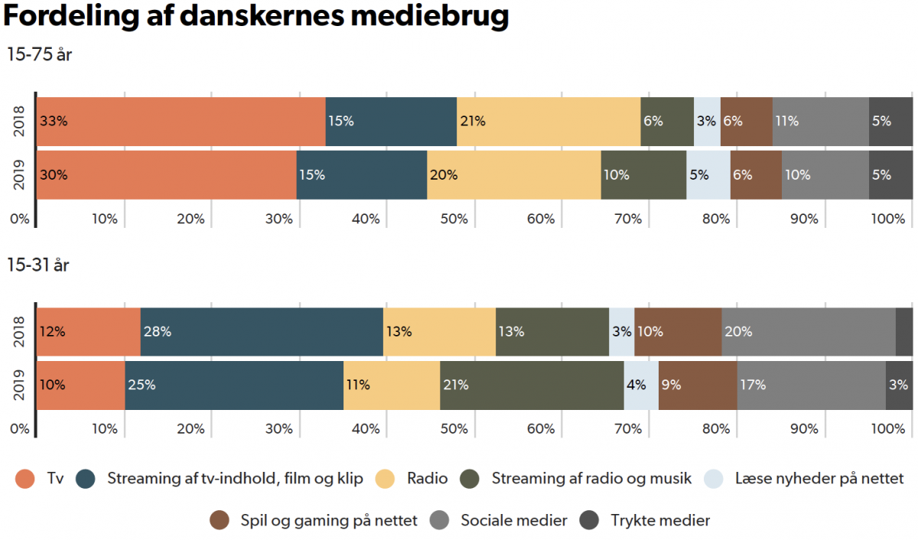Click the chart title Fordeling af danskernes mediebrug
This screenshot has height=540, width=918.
click(256, 18)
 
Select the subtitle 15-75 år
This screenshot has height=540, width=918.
click(39, 55)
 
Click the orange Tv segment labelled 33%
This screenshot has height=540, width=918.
click(181, 121)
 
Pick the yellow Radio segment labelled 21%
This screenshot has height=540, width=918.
click(548, 121)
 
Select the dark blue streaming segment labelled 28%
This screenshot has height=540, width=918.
click(262, 332)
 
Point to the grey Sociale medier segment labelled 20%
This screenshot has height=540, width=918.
click(808, 332)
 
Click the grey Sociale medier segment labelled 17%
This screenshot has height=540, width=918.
click(810, 385)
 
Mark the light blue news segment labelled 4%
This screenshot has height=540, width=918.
click(641, 385)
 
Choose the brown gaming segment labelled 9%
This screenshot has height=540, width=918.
click(697, 385)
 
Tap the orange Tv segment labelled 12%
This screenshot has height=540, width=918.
click(89, 332)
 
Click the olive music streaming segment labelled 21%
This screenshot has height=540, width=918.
click(532, 385)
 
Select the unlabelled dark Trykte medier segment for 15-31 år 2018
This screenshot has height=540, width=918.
click(903, 332)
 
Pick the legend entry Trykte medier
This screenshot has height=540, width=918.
click(647, 521)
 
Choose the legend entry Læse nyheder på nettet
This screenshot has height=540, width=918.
click(805, 480)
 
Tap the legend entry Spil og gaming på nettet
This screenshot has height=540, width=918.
click(314, 521)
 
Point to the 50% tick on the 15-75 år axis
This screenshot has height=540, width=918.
click(454, 219)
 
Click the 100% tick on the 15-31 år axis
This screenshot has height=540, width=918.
click(887, 429)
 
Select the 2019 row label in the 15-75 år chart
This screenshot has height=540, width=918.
click(21, 174)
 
